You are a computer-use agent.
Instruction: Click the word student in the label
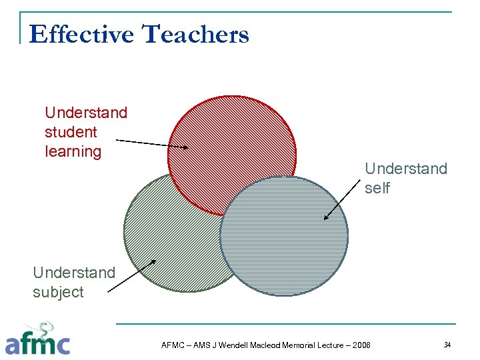(x=71, y=132)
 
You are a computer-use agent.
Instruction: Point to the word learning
(x=73, y=151)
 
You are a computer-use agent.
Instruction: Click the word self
(x=377, y=189)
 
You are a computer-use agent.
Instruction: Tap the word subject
(x=58, y=292)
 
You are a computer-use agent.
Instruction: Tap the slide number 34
(x=447, y=344)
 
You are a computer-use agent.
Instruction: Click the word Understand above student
(x=85, y=113)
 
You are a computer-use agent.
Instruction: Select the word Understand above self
(x=406, y=169)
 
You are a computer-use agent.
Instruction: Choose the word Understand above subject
(x=73, y=273)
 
